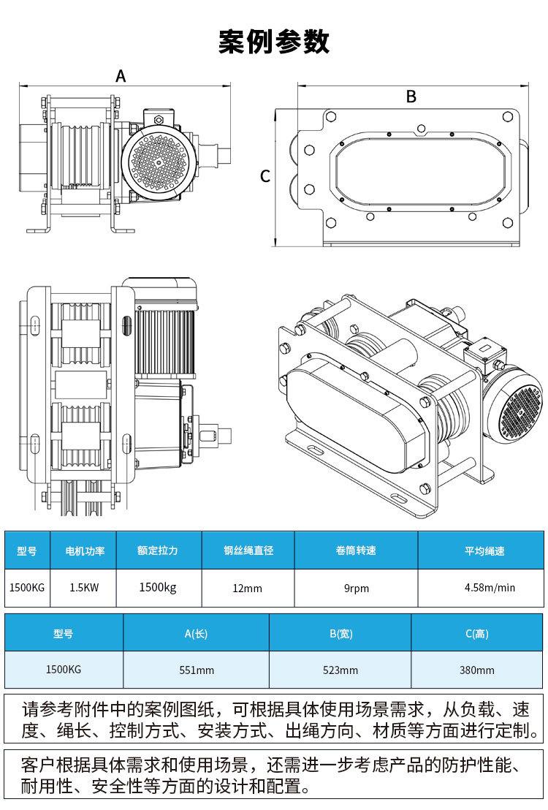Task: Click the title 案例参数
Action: click(274, 42)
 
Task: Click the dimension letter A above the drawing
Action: click(121, 76)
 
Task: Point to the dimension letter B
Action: click(411, 96)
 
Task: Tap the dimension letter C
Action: click(265, 176)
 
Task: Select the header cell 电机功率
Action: click(85, 550)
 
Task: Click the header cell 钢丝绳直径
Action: click(248, 550)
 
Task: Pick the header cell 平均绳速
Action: click(484, 550)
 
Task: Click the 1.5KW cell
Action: click(84, 587)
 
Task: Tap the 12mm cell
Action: click(248, 588)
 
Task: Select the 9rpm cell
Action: click(357, 588)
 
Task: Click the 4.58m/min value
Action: click(490, 587)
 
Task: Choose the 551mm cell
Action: click(197, 670)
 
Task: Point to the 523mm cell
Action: click(340, 670)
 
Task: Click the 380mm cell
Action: click(476, 670)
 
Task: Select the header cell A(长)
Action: click(197, 633)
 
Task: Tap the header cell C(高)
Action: click(476, 633)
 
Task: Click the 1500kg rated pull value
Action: click(158, 587)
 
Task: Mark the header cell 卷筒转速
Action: click(357, 550)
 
